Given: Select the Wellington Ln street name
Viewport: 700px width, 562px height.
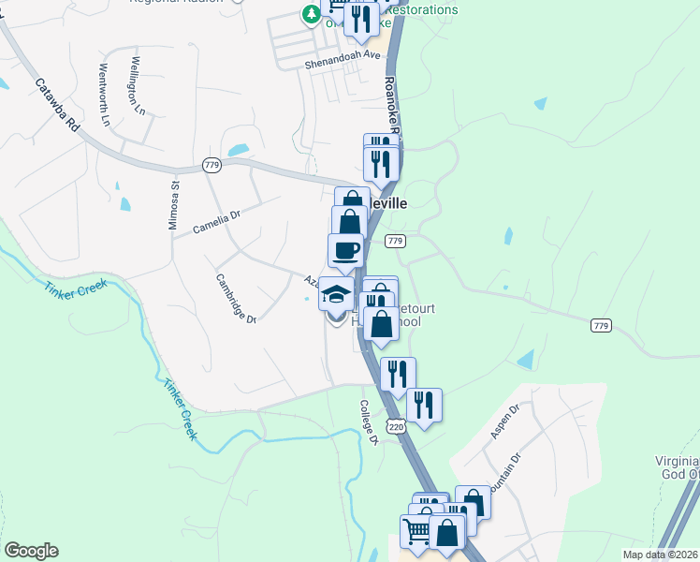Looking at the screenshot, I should (138, 85).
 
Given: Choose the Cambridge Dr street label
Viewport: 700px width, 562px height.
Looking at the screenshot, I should (236, 298).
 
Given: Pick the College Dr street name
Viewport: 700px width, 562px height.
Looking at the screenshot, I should (368, 422).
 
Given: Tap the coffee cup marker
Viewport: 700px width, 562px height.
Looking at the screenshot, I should (345, 251).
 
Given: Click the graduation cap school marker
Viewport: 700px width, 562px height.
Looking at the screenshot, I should (336, 295).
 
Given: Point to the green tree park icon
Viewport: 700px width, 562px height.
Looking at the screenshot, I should (310, 13).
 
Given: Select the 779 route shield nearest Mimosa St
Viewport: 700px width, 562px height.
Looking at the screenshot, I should (211, 166).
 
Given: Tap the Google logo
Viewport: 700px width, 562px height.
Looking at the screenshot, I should (30, 551).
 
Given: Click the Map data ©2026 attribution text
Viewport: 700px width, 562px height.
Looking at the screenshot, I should (659, 555).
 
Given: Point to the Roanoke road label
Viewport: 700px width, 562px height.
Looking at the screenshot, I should (390, 108).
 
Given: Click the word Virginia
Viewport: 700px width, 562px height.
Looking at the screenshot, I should (677, 462).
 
